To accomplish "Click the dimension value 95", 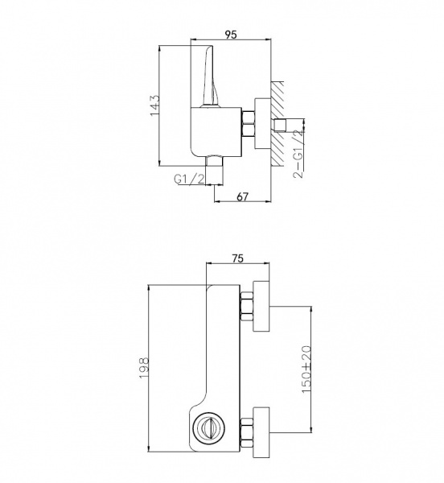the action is click(x=231, y=35).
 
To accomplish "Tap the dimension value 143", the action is click(x=154, y=105).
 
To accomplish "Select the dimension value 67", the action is click(x=242, y=196).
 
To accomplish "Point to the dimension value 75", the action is click(x=237, y=258).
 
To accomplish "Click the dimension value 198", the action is click(x=144, y=368).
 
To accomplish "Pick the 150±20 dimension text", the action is click(x=306, y=369).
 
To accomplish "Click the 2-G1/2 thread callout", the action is click(x=298, y=154).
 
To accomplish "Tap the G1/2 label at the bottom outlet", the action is click(x=189, y=179).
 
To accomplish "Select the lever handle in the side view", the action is click(x=208, y=76).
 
